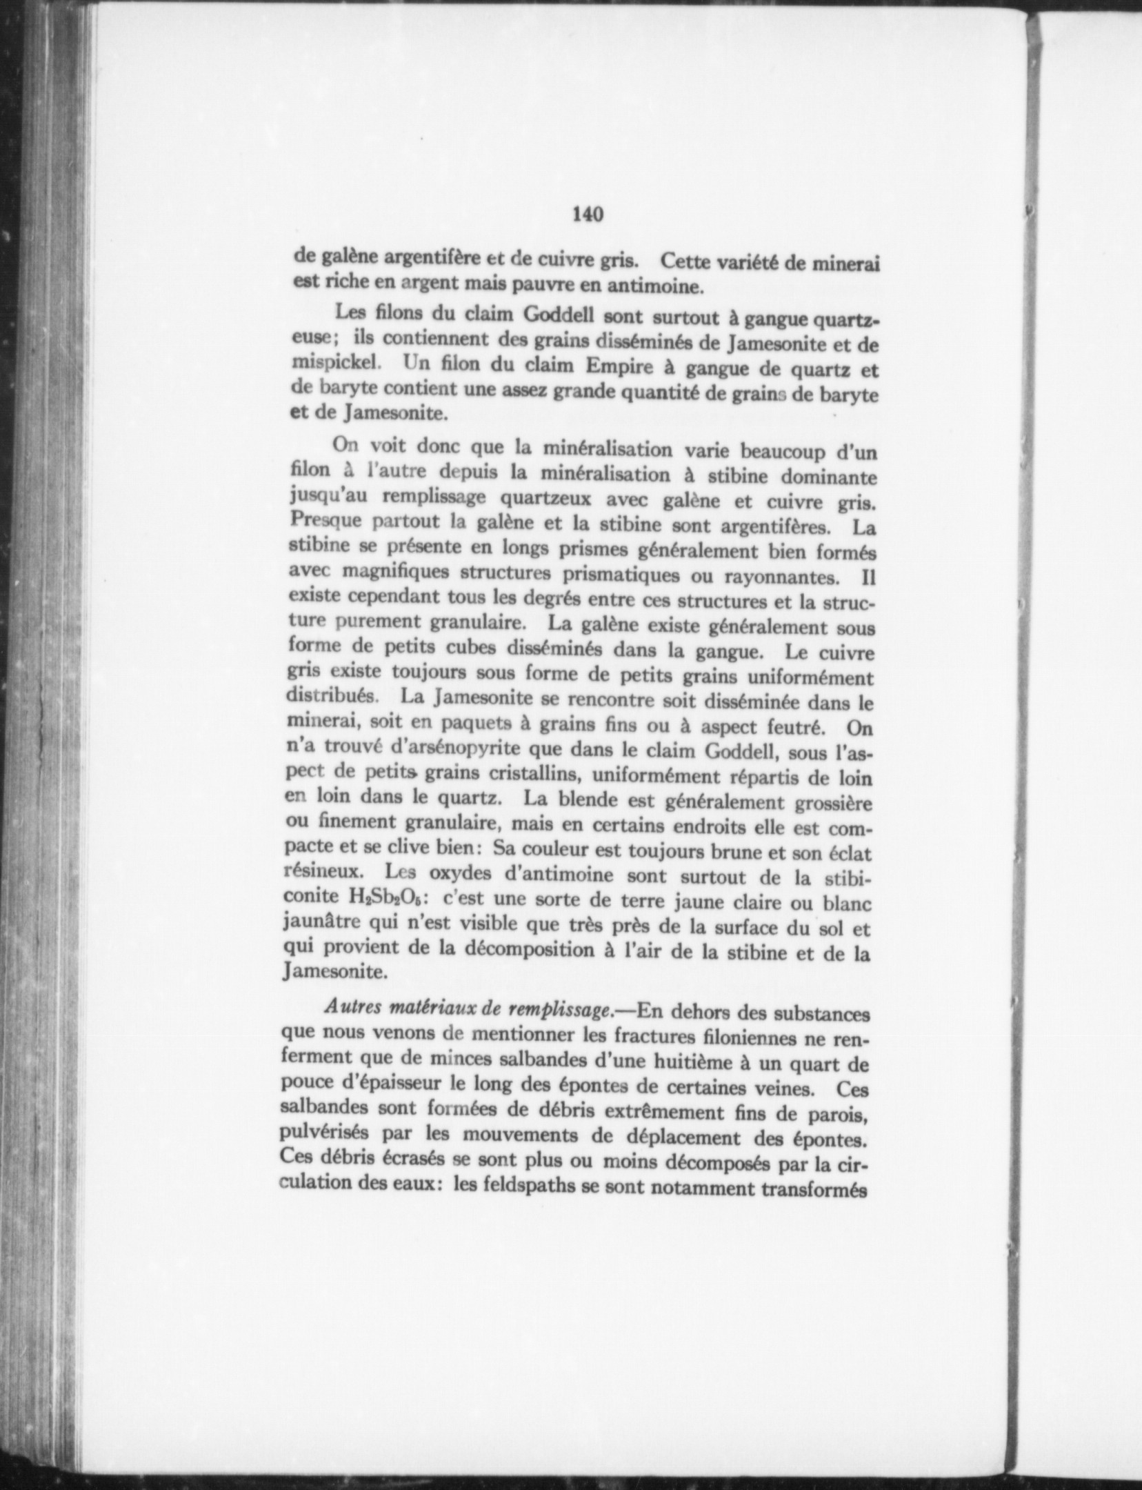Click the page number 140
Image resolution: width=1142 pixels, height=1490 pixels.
coord(588,215)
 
